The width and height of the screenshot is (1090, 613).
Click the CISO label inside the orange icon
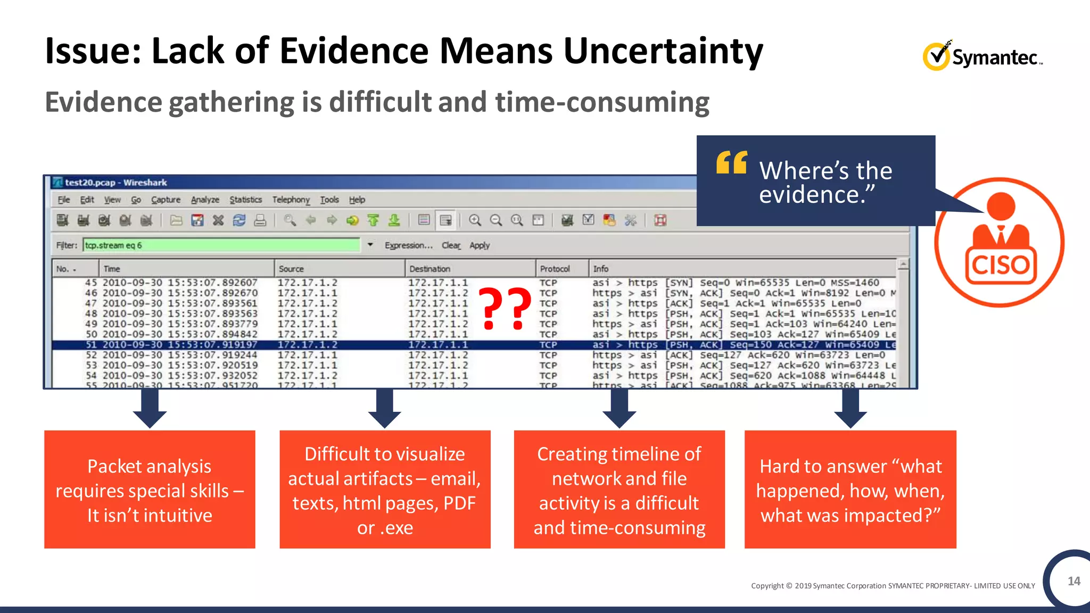tap(1000, 265)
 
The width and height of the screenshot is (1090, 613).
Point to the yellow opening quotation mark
tap(732, 162)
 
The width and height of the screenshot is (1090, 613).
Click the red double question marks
tap(505, 308)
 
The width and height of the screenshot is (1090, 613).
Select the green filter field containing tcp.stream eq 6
tap(221, 245)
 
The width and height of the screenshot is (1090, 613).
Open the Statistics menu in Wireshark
tap(245, 200)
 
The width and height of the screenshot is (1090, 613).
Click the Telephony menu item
tap(291, 200)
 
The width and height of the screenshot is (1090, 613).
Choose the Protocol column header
tap(555, 269)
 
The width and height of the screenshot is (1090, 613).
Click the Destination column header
tap(430, 269)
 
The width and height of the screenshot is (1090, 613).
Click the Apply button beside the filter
tap(479, 245)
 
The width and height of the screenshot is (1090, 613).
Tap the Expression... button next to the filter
tap(408, 245)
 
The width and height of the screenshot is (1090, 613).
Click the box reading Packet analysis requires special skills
tap(150, 490)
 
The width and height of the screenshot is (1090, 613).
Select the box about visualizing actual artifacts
tap(385, 490)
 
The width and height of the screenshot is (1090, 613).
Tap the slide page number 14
tap(1074, 581)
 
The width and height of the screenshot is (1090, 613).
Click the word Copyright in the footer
tap(767, 586)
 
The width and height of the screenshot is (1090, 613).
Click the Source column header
tap(291, 269)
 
